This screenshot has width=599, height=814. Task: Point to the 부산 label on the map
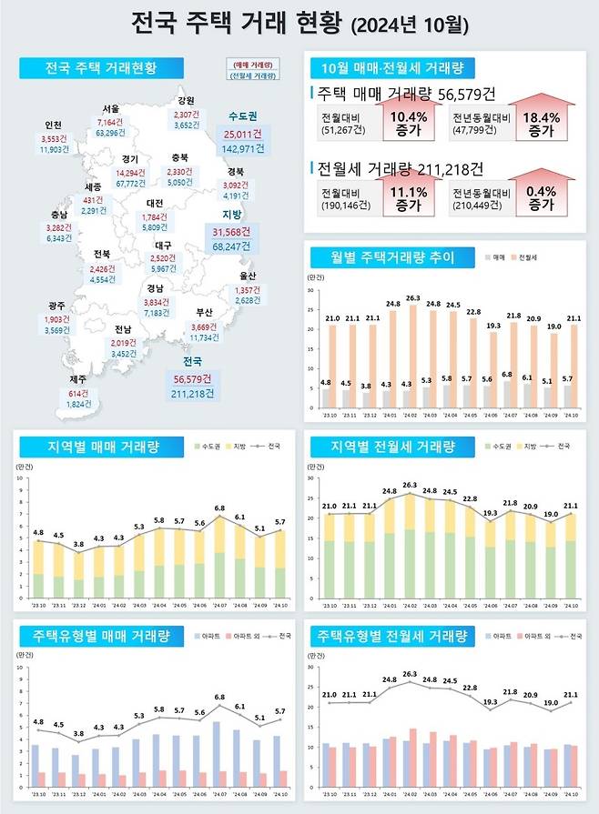[x=204, y=313]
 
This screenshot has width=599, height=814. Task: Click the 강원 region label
[x=186, y=101]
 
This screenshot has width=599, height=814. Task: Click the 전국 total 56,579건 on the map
[x=191, y=378]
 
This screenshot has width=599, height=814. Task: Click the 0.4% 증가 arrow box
[x=541, y=198]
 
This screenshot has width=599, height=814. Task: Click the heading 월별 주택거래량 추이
[x=382, y=257]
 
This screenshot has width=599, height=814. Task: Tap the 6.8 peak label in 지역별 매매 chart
[x=219, y=508]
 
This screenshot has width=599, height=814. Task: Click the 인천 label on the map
[x=53, y=126]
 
